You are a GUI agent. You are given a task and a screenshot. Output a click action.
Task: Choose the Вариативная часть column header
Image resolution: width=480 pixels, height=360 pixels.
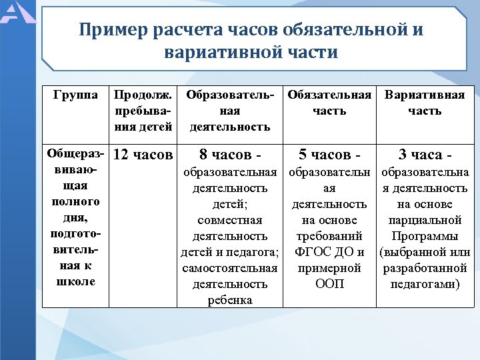[425, 103]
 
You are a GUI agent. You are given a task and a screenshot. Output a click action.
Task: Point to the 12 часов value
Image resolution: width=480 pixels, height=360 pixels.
[143, 155]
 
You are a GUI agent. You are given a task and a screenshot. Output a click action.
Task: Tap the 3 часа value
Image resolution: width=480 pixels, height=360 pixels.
[425, 155]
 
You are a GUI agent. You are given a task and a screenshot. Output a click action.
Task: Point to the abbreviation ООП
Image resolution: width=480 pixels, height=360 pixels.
[329, 284]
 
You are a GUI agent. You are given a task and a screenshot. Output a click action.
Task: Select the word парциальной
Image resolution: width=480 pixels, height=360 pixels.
[425, 220]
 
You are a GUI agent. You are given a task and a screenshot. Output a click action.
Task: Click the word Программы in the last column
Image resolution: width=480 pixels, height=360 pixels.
[425, 236]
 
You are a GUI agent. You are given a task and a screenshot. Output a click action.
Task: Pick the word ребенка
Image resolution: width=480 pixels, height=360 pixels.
[229, 300]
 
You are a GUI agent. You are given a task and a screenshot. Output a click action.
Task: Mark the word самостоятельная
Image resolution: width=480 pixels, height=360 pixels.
[229, 268]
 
